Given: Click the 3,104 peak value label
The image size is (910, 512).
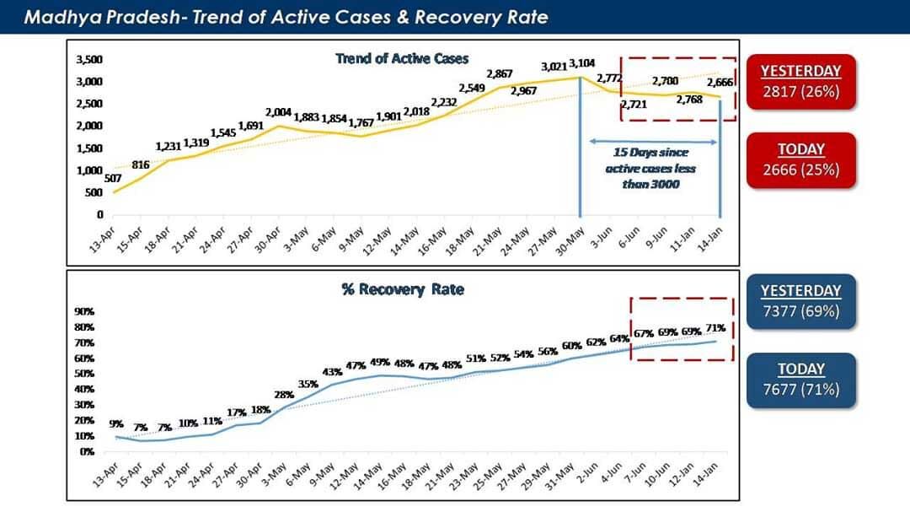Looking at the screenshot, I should pyautogui.click(x=581, y=64).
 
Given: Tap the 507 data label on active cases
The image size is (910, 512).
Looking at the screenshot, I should pyautogui.click(x=113, y=179).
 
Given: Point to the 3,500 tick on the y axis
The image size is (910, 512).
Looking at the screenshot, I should pyautogui.click(x=89, y=60).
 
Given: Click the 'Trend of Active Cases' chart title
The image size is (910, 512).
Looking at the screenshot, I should pyautogui.click(x=402, y=58).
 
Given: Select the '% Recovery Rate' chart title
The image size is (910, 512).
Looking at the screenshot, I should pyautogui.click(x=402, y=289).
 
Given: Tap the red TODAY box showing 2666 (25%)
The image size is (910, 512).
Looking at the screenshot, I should pyautogui.click(x=800, y=160).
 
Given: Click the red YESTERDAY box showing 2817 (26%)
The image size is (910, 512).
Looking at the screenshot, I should pyautogui.click(x=800, y=82).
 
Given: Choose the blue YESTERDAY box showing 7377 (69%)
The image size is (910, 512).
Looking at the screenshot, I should pyautogui.click(x=800, y=300).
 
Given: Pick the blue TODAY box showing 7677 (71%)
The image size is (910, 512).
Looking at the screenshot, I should pyautogui.click(x=800, y=380).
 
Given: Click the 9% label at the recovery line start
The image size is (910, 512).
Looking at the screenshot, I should pyautogui.click(x=116, y=424).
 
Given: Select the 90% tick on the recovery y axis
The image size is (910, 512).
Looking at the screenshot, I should pyautogui.click(x=87, y=311).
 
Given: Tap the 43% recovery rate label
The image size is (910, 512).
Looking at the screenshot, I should pyautogui.click(x=332, y=372).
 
